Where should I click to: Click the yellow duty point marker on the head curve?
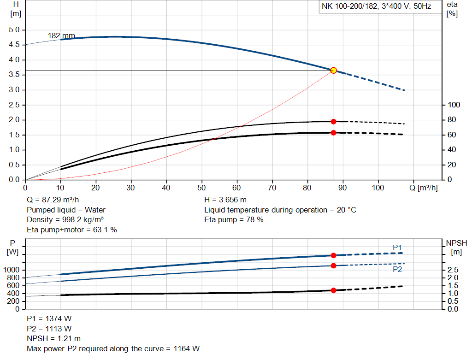click(x=333, y=71)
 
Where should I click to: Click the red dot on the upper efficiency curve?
click(x=333, y=122)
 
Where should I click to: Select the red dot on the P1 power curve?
click(x=333, y=255)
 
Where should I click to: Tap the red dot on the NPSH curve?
click(x=333, y=290)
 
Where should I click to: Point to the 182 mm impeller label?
click(x=61, y=36)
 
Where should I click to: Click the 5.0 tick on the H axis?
click(x=14, y=30)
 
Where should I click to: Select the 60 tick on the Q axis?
click(x=237, y=188)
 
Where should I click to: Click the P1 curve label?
click(x=397, y=248)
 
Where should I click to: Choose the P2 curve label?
click(x=397, y=269)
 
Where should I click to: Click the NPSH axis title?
click(x=456, y=243)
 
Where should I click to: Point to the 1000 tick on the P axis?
click(x=12, y=270)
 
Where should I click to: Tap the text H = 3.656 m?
click(x=225, y=200)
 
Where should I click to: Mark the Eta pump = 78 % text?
click(x=234, y=219)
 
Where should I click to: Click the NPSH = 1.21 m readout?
click(x=54, y=339)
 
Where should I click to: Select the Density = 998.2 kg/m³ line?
click(x=65, y=219)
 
